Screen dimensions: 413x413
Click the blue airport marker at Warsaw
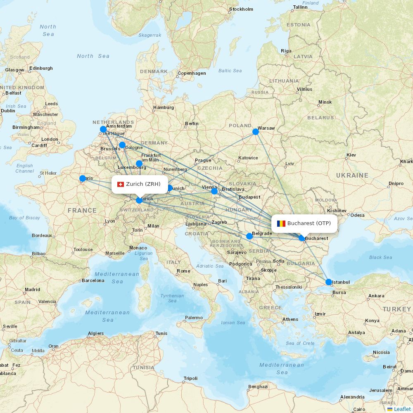coord(256,132)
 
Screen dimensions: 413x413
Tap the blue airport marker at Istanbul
coord(329,282)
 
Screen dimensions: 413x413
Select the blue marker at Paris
coord(83,178)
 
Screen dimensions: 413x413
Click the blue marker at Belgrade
coord(249,236)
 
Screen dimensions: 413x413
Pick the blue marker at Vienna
coord(214,191)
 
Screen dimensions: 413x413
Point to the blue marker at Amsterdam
coord(103,129)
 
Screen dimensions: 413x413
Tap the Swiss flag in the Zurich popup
coord(121,184)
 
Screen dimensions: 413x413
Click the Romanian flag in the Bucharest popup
coord(281,223)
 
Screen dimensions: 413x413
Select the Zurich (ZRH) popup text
coord(143,184)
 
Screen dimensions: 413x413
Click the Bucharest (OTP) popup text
coord(309,223)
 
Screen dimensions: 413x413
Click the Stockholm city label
coord(241,9)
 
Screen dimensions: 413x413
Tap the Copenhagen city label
coord(192,74)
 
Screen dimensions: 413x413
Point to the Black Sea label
coord(380,257)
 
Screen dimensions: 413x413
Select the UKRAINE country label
coord(352,176)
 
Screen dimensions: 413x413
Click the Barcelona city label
coord(93,280)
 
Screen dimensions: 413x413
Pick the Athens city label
coord(290,319)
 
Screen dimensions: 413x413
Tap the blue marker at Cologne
coord(122,145)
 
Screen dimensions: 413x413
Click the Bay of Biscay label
coord(25,218)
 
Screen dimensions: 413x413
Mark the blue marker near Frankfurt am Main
coord(139,164)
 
